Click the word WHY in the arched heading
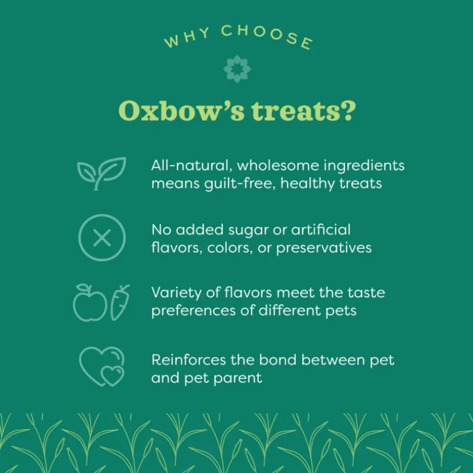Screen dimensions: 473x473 tap(187, 37)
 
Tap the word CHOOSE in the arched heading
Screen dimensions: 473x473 tap(267, 36)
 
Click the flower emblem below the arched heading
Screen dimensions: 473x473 tap(237, 69)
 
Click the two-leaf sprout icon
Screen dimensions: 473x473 tap(101, 174)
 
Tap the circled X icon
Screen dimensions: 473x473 tap(102, 237)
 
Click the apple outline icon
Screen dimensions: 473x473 tap(90, 302)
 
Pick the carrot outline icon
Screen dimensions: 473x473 tap(120, 302)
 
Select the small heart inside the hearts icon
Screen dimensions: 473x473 tap(112, 376)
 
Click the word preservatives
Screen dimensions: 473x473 tap(324, 248)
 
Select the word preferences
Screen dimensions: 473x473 tap(193, 311)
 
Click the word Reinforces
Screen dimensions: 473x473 tap(189, 360)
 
